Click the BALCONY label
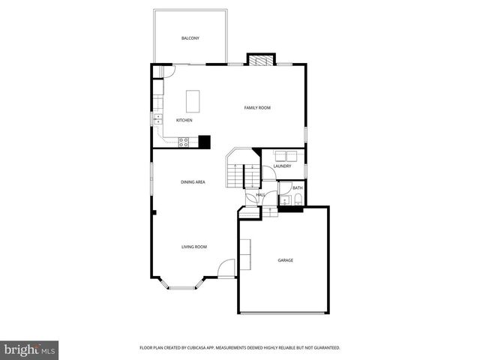[189, 38]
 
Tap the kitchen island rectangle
[194, 100]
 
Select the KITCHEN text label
[184, 120]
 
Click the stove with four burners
[184, 141]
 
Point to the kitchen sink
[158, 118]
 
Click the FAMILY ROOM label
[257, 108]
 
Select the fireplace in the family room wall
[262, 60]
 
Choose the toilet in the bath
[298, 199]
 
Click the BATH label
[297, 187]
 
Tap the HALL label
[260, 195]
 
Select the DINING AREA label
[193, 182]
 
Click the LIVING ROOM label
[193, 247]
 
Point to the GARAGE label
[285, 260]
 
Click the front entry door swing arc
[225, 268]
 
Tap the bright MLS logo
[30, 349]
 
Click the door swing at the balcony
[168, 70]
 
